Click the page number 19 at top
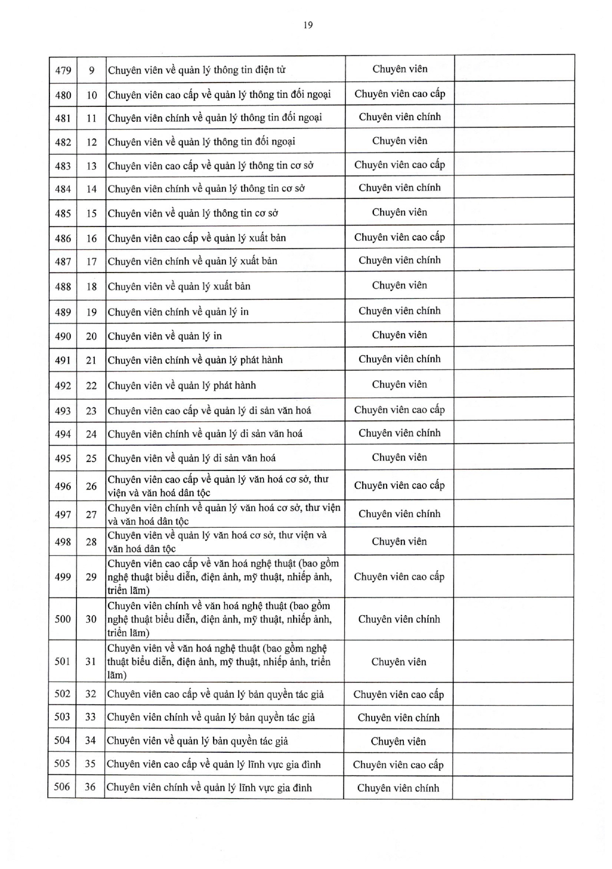coord(308,25)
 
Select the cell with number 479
coord(63,70)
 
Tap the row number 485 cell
coord(63,214)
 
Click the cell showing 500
coord(63,619)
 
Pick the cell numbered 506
coord(62,786)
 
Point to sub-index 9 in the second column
coord(91,70)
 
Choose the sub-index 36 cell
coord(90,786)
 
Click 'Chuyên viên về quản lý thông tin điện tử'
coord(197,70)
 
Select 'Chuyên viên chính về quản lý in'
coord(178,312)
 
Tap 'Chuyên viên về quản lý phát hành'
coord(182,385)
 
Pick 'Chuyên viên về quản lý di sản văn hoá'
coord(192,458)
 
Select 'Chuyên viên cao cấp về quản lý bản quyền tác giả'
coord(216,694)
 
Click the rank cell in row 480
coord(399,93)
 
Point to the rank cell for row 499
coord(399,577)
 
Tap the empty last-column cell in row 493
coord(514,410)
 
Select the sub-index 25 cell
coord(91,458)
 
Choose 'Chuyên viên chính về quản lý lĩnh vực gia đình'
coord(209,787)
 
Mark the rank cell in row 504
coord(398,741)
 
